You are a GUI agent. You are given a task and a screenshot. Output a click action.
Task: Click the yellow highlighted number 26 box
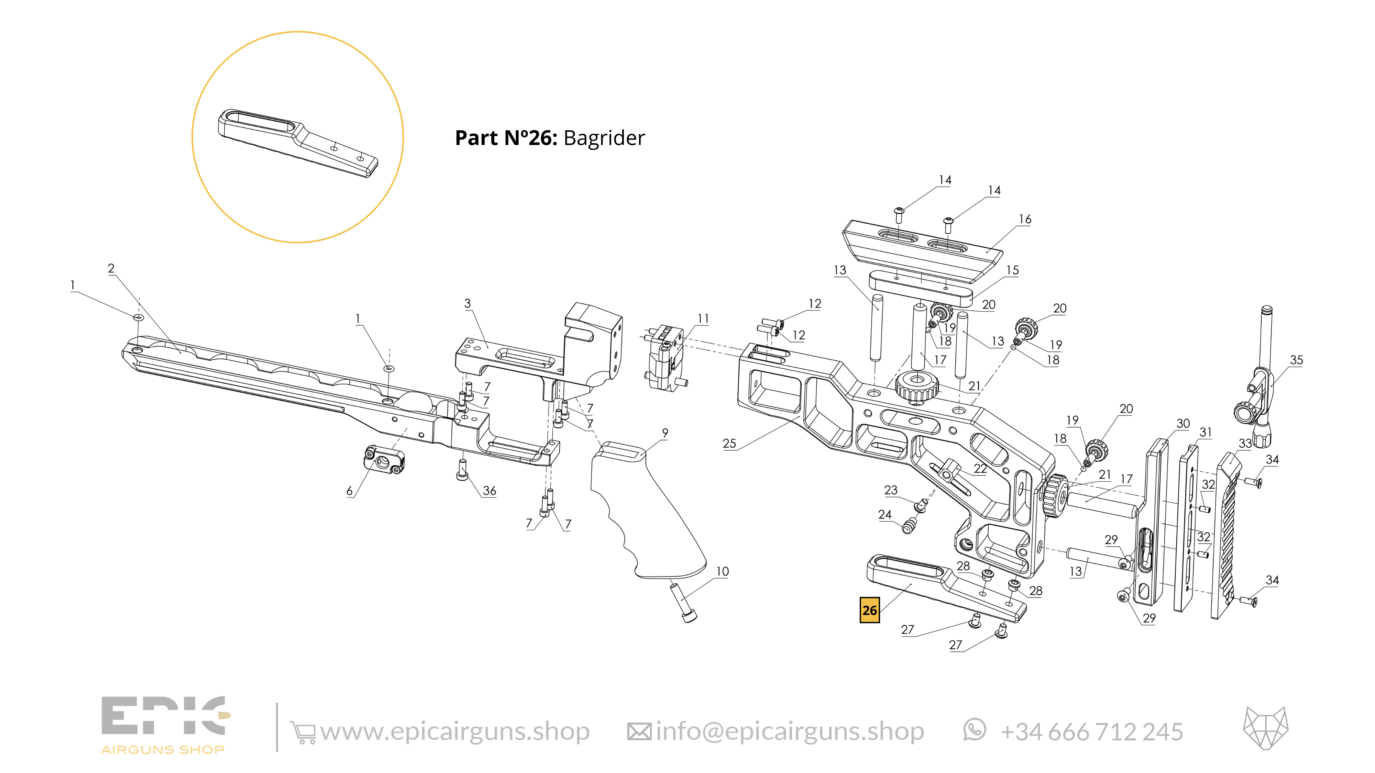870,610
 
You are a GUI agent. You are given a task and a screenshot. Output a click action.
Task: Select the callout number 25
729,443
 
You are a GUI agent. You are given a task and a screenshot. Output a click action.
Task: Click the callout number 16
1025,219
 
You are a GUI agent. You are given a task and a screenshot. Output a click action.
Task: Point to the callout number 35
1296,360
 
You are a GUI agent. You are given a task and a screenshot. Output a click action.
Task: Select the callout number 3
467,304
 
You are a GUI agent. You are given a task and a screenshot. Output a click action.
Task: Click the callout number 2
111,268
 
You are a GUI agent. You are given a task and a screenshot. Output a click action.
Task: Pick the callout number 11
703,318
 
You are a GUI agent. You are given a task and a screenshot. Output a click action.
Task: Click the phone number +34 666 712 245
1091,732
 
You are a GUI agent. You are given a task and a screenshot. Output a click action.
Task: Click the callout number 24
884,514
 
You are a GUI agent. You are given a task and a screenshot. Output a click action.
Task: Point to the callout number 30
1183,424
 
